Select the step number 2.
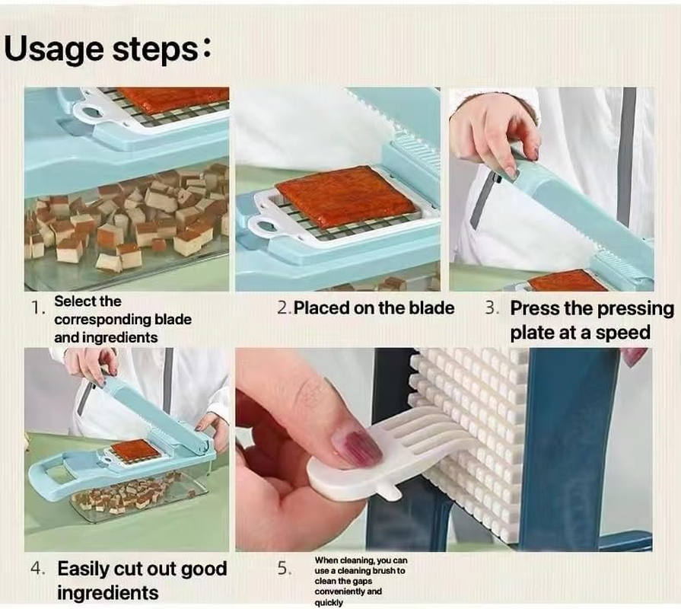click(x=284, y=308)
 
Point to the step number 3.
click(x=492, y=308)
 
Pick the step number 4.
click(x=38, y=569)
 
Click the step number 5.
click(x=284, y=568)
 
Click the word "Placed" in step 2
click(x=321, y=308)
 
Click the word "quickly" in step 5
click(x=329, y=602)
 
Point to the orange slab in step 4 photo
click(x=135, y=451)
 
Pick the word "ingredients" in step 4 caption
click(x=108, y=592)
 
